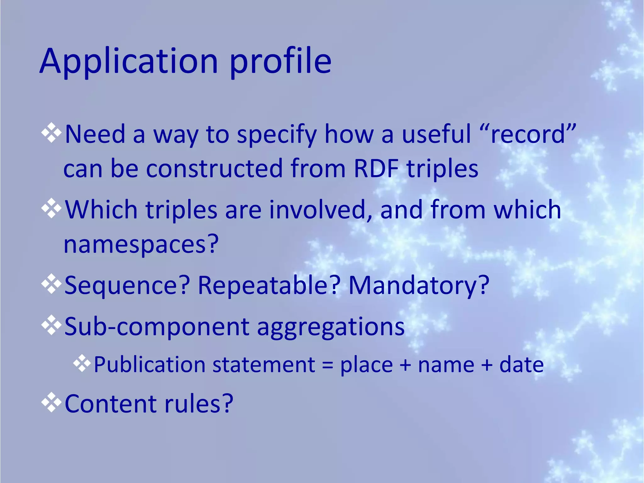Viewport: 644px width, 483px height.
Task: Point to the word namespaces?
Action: [x=141, y=244]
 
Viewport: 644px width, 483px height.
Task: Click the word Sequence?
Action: [x=127, y=285]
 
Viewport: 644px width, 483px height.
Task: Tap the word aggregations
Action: [x=331, y=327]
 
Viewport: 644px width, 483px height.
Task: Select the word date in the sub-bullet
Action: [x=522, y=365]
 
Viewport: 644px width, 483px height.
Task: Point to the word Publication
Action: [x=150, y=365]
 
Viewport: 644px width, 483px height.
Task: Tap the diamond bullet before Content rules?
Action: [x=51, y=402]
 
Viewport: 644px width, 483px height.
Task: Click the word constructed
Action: [x=214, y=169]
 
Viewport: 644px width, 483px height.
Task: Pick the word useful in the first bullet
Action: [x=436, y=134]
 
